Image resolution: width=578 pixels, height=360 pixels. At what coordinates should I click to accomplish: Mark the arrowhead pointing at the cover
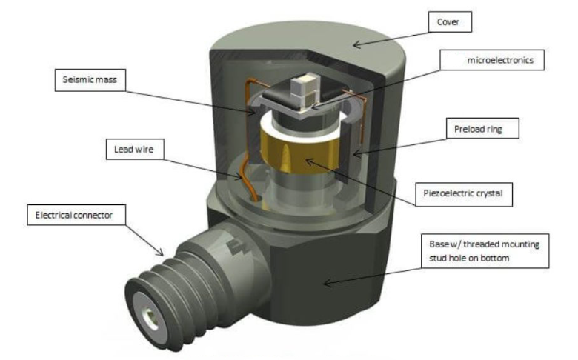355,45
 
